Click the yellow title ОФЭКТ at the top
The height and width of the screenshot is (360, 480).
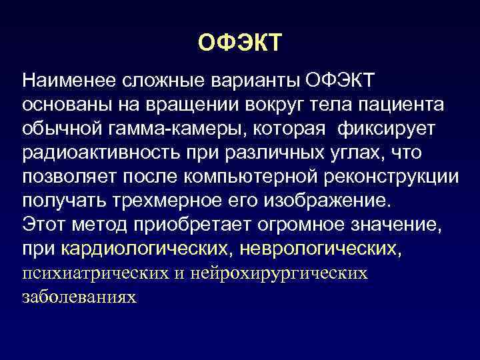(240, 44)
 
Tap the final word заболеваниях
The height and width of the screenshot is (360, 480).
(79, 297)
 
